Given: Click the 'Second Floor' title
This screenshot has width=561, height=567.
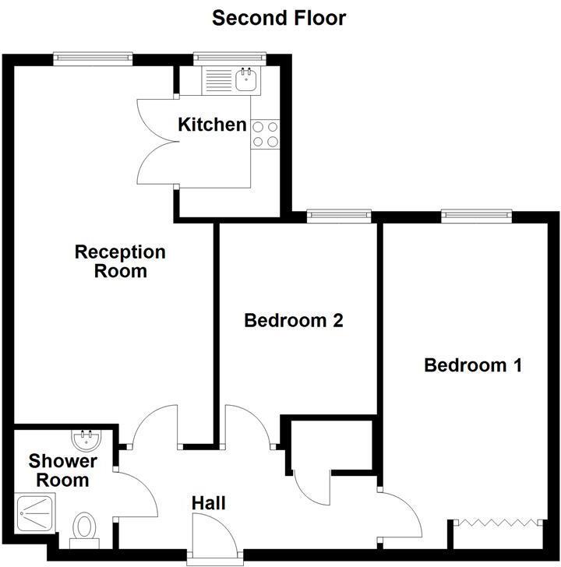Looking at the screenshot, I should [x=279, y=17].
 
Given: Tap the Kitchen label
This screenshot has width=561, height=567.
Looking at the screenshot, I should [x=212, y=125].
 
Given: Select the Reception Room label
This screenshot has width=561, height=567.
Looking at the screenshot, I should [x=120, y=262].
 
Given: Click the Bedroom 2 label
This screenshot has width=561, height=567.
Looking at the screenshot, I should [x=294, y=320].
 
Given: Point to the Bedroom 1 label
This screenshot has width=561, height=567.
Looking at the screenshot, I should [x=473, y=364].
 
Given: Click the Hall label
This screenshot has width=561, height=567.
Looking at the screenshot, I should [x=209, y=504].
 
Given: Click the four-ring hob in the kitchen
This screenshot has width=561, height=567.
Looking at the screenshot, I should [x=265, y=134].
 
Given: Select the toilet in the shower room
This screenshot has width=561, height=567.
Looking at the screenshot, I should [x=83, y=527].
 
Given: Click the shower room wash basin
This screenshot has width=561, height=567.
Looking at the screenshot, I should [x=86, y=439].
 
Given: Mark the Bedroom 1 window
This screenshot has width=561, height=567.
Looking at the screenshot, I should [x=476, y=215].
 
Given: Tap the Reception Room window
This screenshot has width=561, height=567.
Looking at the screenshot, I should [x=93, y=58].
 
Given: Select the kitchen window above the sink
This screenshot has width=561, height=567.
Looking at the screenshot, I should [x=230, y=58].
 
